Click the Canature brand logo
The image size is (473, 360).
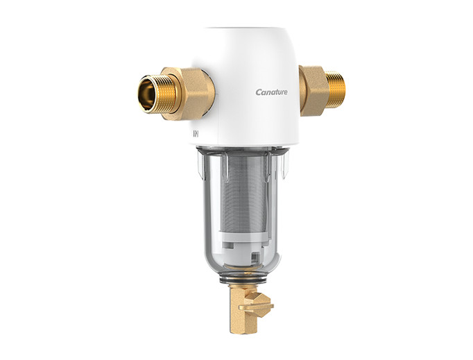[271, 92]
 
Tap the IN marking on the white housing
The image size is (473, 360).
[196, 134]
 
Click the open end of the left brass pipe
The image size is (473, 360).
[147, 94]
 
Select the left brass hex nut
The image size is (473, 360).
[188, 94]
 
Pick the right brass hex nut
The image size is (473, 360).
[313, 91]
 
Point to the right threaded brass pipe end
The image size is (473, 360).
[336, 90]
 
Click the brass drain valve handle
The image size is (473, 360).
[257, 305]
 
